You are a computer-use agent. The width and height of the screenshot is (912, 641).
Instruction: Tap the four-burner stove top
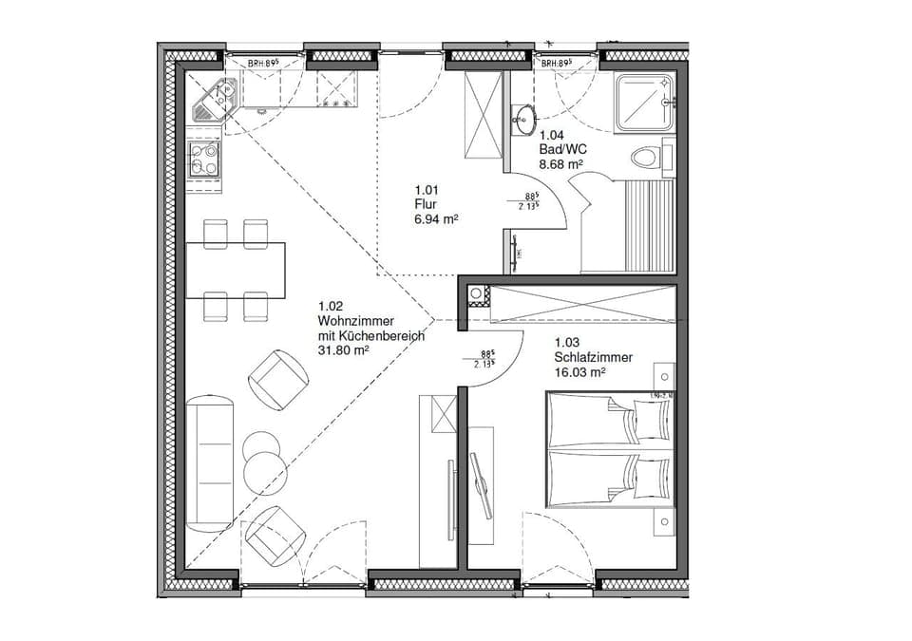pos(204,160)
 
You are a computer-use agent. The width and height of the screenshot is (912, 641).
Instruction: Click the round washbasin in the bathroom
pos(523,119)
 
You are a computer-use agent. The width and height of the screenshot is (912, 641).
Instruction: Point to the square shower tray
pos(644,100)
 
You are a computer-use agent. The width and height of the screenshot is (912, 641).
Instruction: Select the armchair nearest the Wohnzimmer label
pos(278,379)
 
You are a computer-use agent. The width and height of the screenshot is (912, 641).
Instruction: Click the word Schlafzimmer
pos(594,357)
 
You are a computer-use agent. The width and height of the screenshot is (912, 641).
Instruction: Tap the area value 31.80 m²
pos(343,349)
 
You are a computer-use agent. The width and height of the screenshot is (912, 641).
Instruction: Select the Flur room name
pos(425,204)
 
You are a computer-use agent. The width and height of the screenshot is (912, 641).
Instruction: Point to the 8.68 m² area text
pos(560,163)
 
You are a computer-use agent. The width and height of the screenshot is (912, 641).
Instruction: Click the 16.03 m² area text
pos(579,372)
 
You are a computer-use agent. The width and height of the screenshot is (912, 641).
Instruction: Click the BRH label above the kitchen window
pos(264,64)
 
